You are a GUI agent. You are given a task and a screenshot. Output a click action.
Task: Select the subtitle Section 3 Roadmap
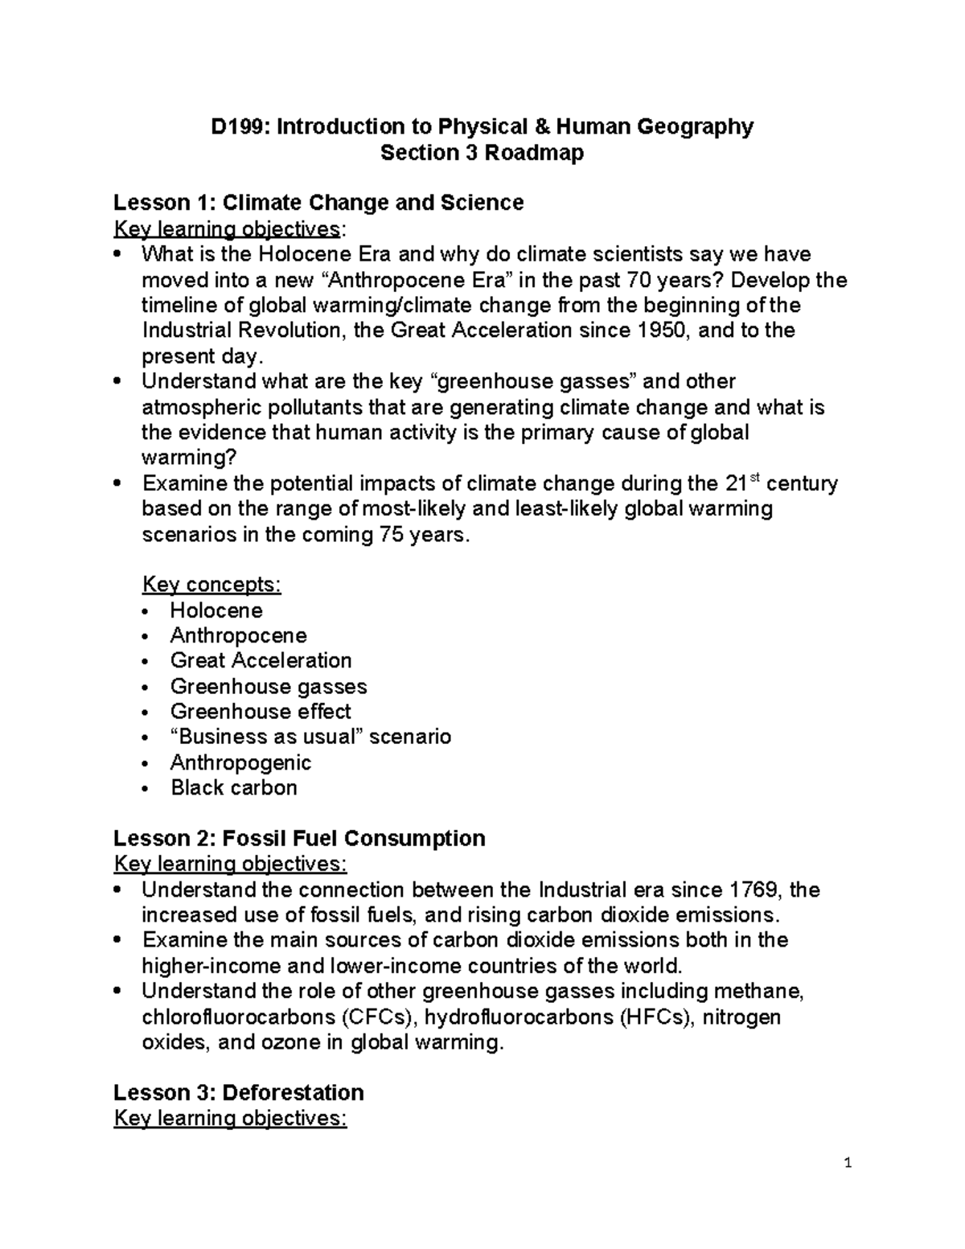[x=482, y=153]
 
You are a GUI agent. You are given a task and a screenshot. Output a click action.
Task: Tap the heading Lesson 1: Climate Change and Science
[x=318, y=203]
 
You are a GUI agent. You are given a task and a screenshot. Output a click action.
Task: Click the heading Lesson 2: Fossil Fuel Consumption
[x=299, y=839]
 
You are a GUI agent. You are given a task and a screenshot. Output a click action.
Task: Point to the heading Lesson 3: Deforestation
[x=239, y=1093]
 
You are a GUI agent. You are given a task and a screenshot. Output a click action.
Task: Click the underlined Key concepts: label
[x=211, y=585]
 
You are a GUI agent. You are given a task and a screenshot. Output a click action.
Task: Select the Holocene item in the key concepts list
[x=216, y=610]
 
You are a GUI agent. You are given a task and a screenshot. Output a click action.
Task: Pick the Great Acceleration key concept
[x=261, y=661]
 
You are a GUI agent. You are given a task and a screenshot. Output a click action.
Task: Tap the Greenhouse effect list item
[x=261, y=712]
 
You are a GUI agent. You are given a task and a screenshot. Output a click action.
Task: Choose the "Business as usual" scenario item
[x=310, y=737]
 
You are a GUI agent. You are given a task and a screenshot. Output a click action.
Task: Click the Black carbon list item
[x=234, y=788]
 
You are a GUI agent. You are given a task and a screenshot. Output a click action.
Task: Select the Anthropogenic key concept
[x=240, y=762]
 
